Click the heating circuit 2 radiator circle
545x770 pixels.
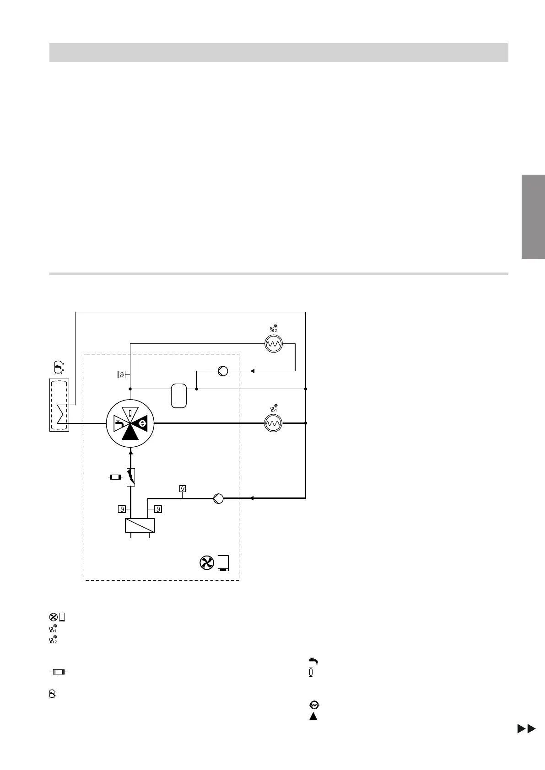pos(274,344)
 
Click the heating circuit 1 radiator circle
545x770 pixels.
pos(274,423)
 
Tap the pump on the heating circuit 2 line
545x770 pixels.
pos(223,371)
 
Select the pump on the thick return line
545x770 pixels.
pos(219,498)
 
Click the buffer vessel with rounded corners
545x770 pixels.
pos(179,396)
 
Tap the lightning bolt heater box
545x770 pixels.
pos(131,477)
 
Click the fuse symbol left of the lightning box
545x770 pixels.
pos(114,477)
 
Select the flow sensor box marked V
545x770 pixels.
pos(183,489)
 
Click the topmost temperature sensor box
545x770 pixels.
pos(122,375)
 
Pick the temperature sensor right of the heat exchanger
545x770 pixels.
pos(158,509)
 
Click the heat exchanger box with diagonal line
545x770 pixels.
pos(140,526)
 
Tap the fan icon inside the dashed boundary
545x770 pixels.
pos(207,563)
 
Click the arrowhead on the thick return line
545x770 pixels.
pos(252,498)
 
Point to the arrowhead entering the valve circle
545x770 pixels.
pos(131,452)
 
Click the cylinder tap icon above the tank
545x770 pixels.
pos(58,366)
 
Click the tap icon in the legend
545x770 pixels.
pos(313,661)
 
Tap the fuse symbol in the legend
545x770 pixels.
pos(59,672)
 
